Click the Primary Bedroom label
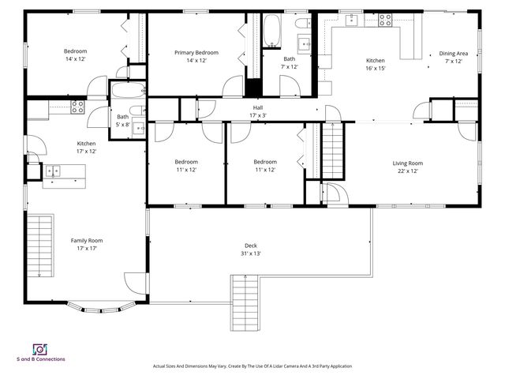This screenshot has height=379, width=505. tap(196, 53)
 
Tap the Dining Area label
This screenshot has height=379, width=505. tap(453, 54)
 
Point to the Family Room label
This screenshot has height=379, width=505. tap(87, 241)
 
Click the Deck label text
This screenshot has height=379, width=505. tap(250, 246)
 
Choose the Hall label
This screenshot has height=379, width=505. tap(257, 107)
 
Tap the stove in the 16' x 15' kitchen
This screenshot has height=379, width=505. tap(386, 21)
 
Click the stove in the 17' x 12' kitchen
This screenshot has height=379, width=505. tap(78, 105)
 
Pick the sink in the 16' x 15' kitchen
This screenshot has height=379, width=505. tap(350, 20)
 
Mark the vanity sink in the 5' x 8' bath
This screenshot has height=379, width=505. tap(140, 127)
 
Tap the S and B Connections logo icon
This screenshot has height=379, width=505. tap(39, 349)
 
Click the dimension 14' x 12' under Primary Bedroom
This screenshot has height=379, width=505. tap(196, 61)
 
